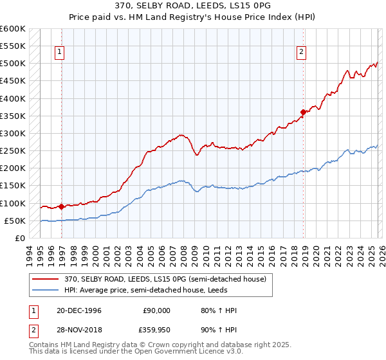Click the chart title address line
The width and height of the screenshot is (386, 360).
point(192,6)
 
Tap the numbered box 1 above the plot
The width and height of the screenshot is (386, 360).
point(59,53)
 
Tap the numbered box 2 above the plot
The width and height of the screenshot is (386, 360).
point(300,53)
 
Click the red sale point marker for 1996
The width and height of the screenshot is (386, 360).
point(61,206)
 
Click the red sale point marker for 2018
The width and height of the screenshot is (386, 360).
point(303,113)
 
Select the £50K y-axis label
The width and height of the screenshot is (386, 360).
point(14,221)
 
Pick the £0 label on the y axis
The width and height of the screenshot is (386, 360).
point(19,238)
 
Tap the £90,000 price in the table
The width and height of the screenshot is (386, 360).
point(156,310)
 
